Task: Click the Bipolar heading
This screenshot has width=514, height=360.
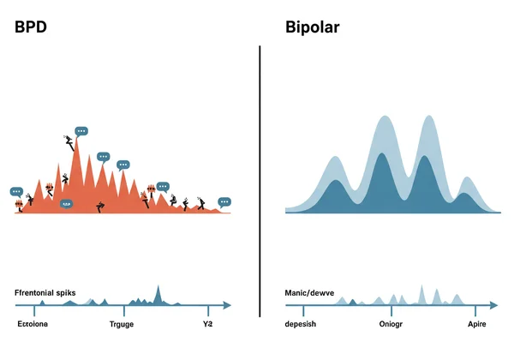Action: point(312,27)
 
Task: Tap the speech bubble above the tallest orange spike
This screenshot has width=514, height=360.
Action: point(81,131)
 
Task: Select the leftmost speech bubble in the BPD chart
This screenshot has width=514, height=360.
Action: point(16,191)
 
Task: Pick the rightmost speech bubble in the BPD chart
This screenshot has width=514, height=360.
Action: point(224,202)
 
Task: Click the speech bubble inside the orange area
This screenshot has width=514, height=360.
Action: point(66,203)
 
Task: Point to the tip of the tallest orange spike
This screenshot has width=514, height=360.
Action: point(77,140)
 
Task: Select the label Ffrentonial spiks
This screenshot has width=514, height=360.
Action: point(45,293)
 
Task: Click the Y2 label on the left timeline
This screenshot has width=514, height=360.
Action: point(206,325)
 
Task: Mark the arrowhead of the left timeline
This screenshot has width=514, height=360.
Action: point(227,304)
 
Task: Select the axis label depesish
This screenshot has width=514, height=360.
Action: point(307,325)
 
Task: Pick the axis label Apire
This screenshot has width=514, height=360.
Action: point(477,325)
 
